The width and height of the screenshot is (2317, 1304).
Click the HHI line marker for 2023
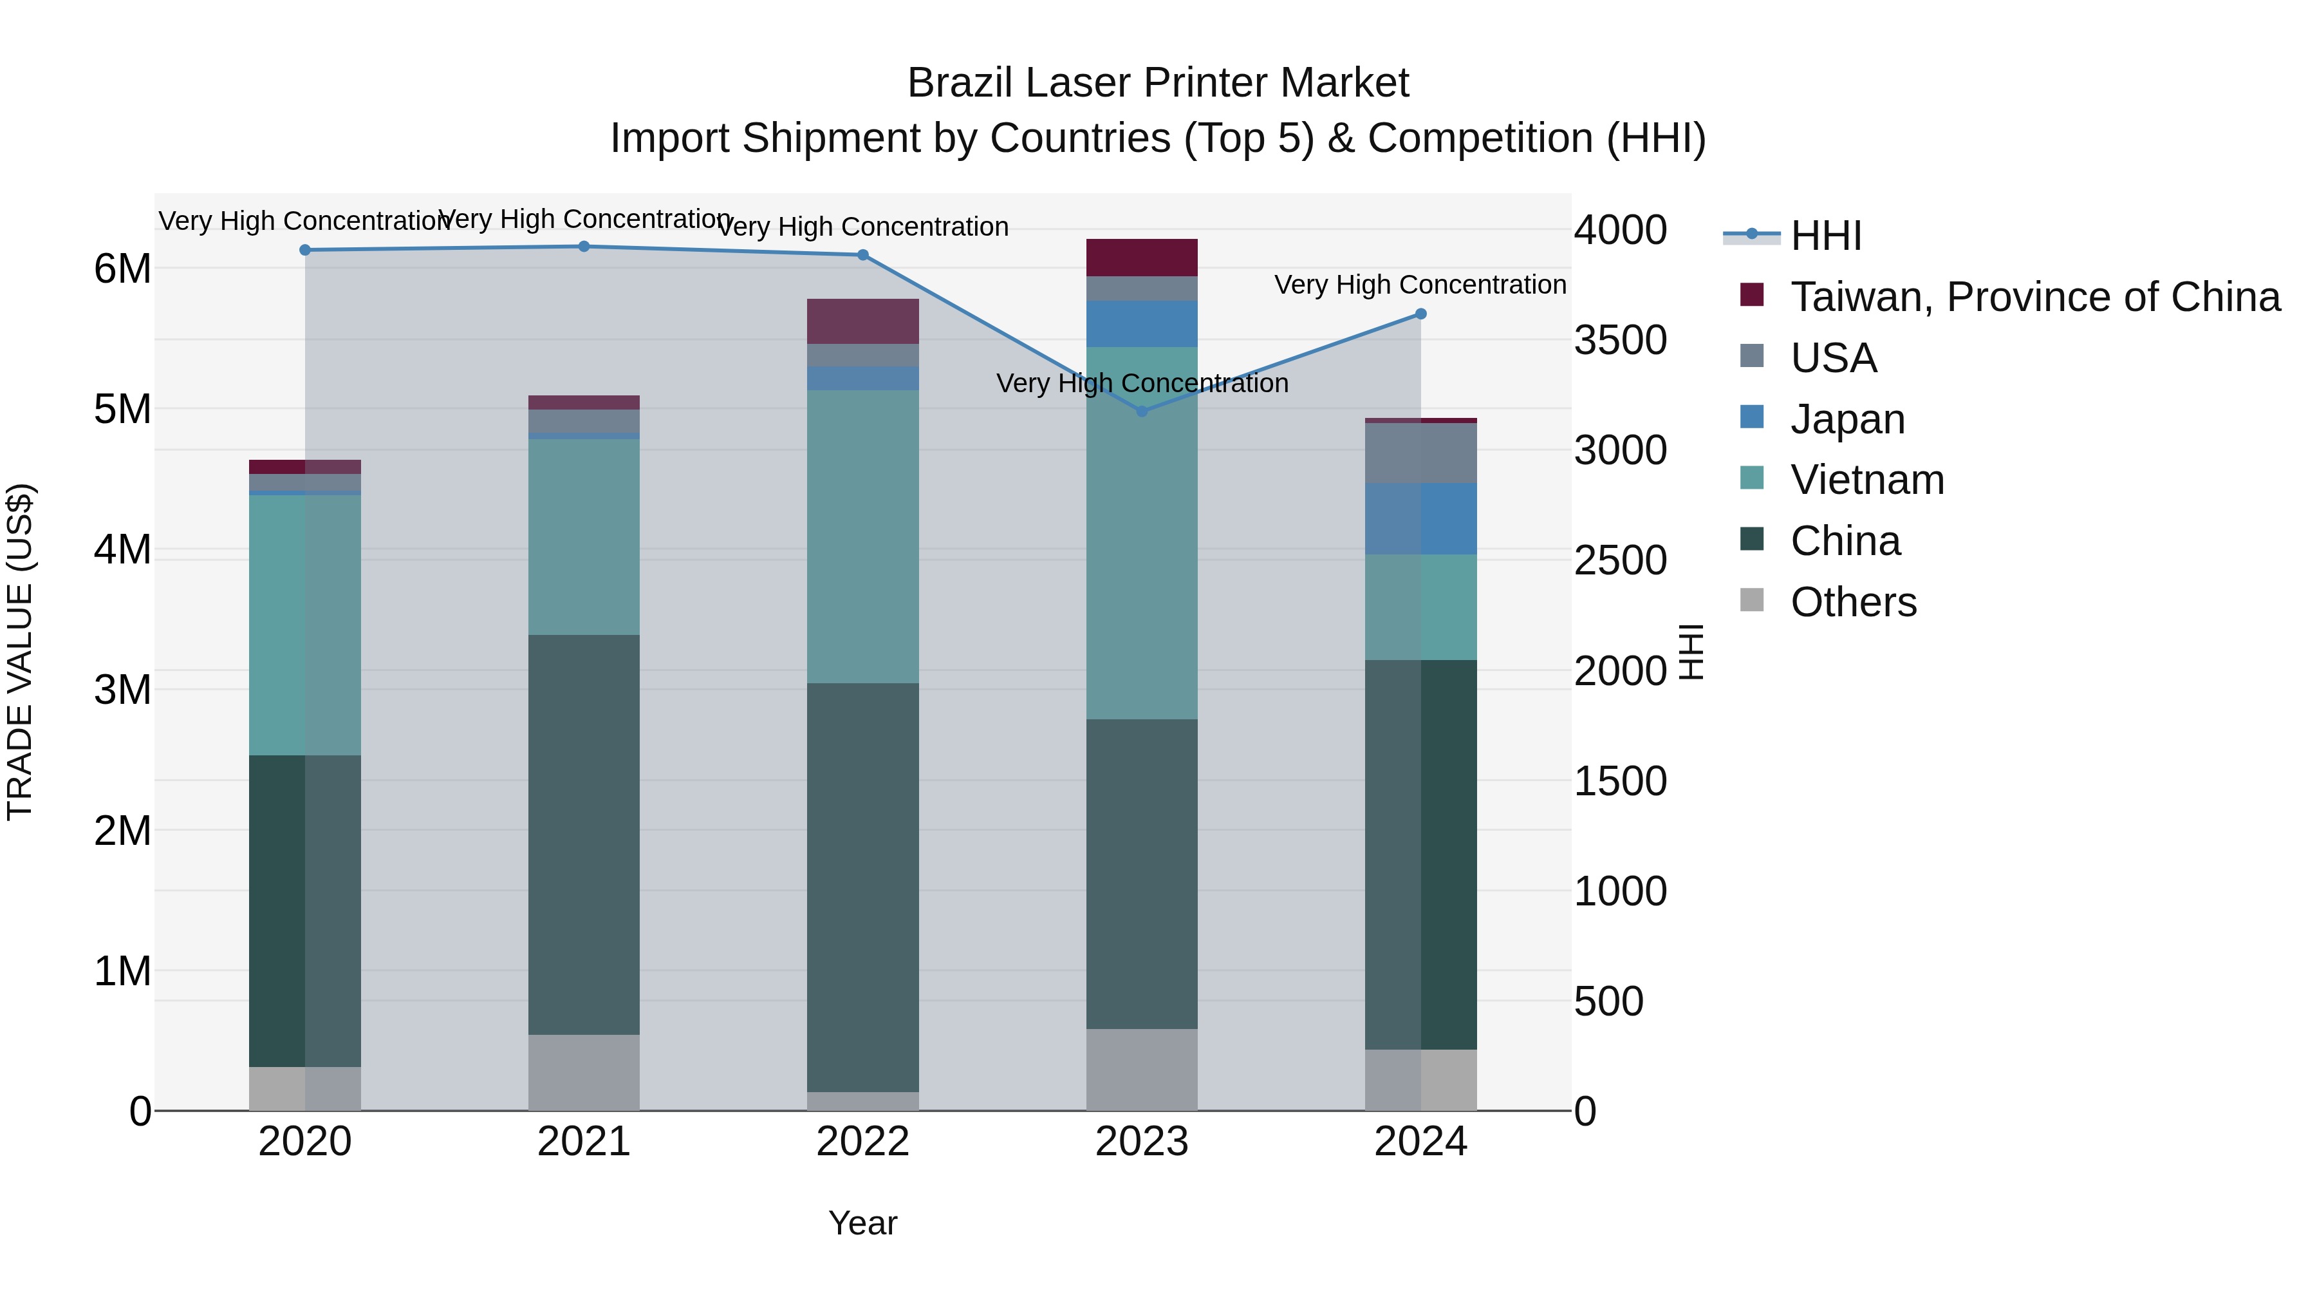[1141, 411]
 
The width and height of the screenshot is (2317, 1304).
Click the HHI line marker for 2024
[1420, 314]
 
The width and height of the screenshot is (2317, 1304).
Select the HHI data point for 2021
[584, 247]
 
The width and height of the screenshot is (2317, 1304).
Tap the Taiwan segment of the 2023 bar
[1141, 258]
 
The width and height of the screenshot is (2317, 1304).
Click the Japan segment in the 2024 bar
[1420, 518]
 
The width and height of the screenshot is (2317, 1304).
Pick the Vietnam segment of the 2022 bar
[862, 536]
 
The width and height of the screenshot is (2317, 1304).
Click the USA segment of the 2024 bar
[1420, 453]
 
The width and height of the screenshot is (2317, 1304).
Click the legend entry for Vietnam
[1866, 480]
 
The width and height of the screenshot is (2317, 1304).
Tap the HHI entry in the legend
[1825, 236]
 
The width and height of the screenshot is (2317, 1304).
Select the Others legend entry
[1853, 602]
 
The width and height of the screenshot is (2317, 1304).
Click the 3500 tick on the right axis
[1620, 340]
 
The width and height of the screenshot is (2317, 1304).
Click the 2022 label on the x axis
[862, 1142]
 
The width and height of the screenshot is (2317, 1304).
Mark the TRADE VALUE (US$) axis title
[20, 652]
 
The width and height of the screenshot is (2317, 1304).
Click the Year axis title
[862, 1223]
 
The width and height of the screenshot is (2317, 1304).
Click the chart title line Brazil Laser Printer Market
[1158, 83]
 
